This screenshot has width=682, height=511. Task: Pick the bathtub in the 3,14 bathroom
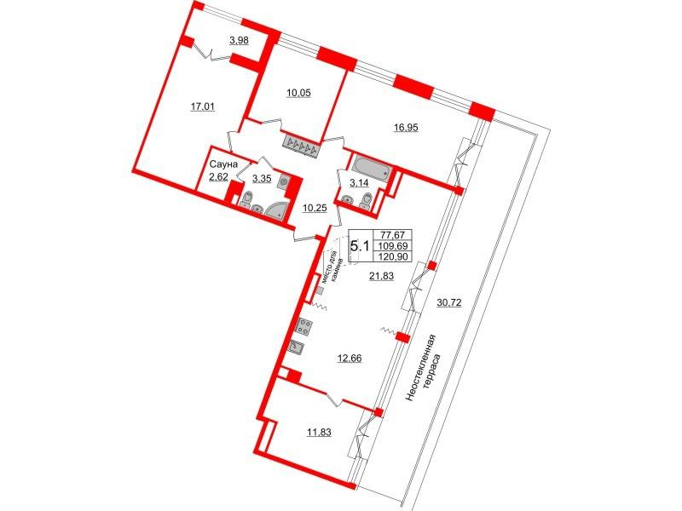tap(371, 167)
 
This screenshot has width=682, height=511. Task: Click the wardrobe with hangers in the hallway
tap(301, 146)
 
